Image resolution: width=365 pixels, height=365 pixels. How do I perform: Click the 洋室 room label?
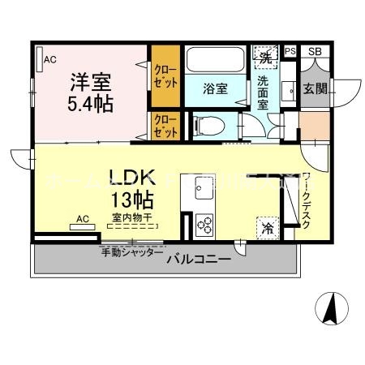click(x=89, y=82)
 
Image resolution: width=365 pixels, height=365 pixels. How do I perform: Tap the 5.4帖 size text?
click(x=89, y=104)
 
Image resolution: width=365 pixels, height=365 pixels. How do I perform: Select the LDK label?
click(x=131, y=178)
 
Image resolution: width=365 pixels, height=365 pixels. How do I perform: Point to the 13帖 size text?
click(x=131, y=200)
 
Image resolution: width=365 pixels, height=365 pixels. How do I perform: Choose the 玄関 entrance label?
click(x=316, y=88)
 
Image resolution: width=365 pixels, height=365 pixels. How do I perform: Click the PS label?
click(x=290, y=52)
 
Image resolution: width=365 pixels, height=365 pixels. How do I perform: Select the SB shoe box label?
click(x=315, y=52)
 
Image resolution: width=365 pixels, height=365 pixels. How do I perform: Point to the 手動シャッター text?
click(x=131, y=252)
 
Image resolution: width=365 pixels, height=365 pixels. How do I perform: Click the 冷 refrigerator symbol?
click(x=268, y=228)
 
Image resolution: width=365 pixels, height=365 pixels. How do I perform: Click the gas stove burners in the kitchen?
click(x=204, y=224)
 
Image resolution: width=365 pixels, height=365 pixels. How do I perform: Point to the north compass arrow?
click(x=332, y=307)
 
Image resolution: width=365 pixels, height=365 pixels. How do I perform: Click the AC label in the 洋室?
click(x=50, y=58)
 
